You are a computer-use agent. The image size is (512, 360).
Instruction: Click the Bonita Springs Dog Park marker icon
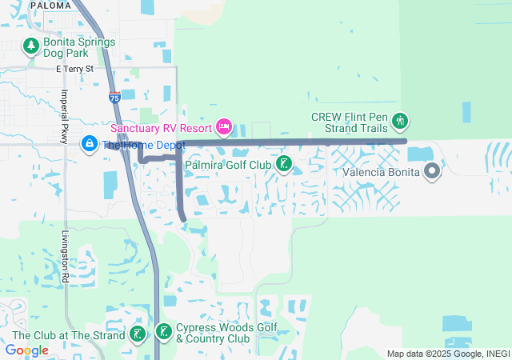click(31, 47)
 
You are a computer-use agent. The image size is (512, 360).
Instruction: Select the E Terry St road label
click(74, 70)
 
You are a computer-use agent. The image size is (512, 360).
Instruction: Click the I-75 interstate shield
click(114, 98)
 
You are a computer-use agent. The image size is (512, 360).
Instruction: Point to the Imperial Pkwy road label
click(64, 116)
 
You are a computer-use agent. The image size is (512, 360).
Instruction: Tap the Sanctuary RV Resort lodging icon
click(224, 126)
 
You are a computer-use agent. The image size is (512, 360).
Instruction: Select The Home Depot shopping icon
click(89, 144)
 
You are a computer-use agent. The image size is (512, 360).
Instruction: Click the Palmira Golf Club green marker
click(283, 165)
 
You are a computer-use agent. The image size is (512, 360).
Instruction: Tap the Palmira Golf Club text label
click(228, 166)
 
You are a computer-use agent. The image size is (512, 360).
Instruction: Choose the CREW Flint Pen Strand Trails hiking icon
click(401, 122)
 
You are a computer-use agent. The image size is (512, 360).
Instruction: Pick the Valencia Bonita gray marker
click(433, 171)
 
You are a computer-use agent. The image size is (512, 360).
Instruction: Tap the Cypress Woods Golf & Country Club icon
click(164, 332)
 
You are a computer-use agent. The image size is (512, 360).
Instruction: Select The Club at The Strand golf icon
click(138, 334)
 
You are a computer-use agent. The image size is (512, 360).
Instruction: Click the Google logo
click(27, 350)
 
